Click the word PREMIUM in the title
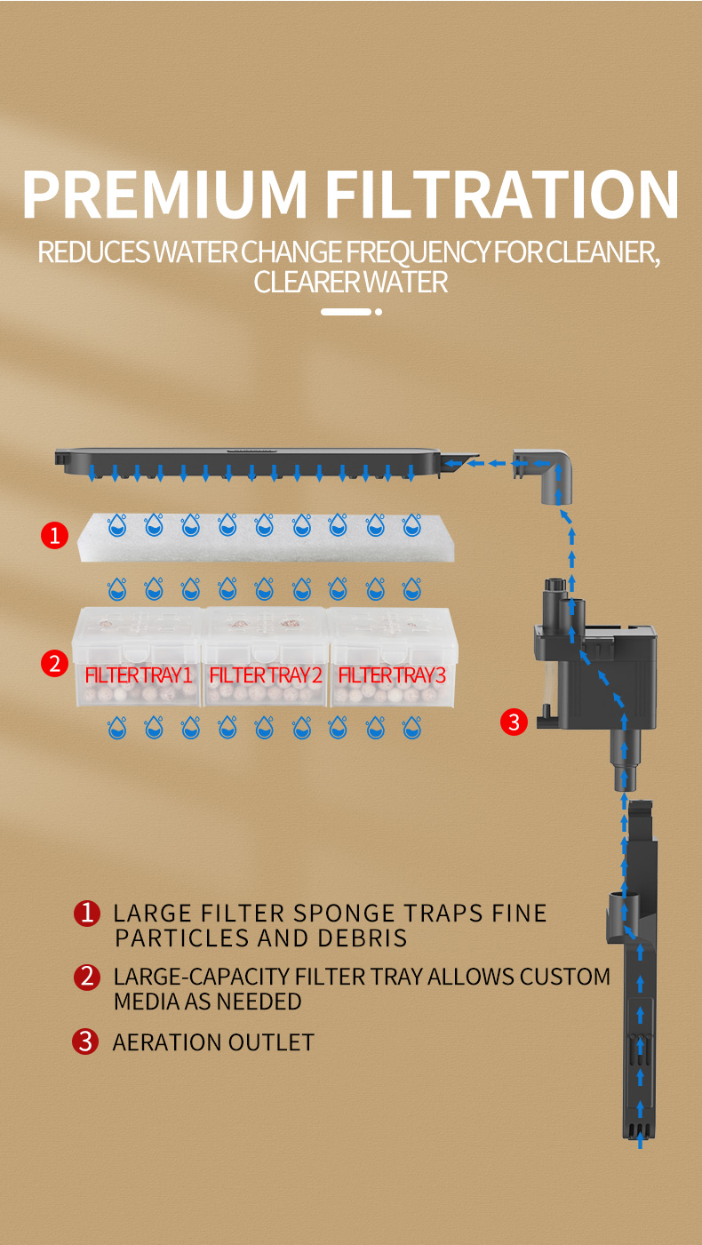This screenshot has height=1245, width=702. [165, 194]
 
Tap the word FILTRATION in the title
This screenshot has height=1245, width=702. [502, 194]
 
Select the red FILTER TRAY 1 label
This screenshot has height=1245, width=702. [139, 674]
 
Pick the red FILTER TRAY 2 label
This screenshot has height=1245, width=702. [266, 674]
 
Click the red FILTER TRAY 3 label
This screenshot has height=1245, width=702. [392, 674]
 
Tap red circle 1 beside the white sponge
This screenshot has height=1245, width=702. [54, 536]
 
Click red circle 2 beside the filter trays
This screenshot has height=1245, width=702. [54, 664]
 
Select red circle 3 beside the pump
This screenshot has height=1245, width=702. [515, 722]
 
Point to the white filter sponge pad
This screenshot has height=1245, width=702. [266, 538]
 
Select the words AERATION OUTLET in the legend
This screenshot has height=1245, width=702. [213, 1042]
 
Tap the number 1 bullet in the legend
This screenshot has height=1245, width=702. [87, 914]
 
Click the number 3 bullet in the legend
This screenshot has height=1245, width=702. [85, 1041]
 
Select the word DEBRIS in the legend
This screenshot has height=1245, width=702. [363, 938]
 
